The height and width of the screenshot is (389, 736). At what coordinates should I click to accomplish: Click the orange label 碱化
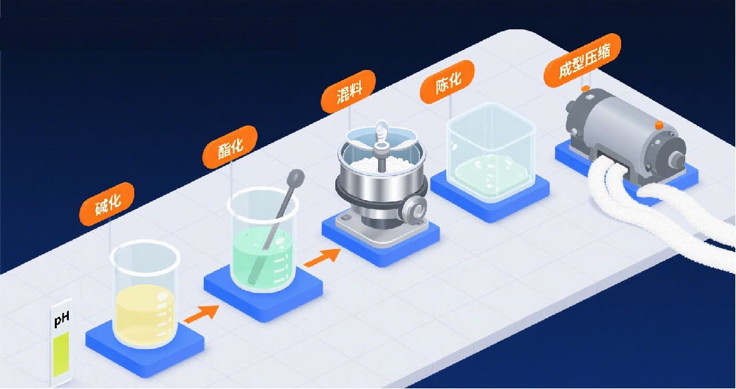point(107,204)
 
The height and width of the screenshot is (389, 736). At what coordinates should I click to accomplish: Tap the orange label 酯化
point(230,147)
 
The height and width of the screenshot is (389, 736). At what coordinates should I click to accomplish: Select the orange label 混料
point(348,92)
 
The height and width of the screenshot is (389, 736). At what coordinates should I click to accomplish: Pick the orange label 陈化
point(447,82)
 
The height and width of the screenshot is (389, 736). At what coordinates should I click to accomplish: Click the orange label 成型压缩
point(582,60)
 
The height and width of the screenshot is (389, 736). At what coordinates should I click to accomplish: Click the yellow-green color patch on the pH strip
point(61,354)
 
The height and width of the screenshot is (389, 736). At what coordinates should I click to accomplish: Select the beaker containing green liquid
point(263,239)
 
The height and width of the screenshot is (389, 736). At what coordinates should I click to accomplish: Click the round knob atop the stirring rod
point(297,177)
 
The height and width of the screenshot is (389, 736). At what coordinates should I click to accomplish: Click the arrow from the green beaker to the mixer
point(323,258)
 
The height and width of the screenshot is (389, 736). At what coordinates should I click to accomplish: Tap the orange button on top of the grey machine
point(659,125)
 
